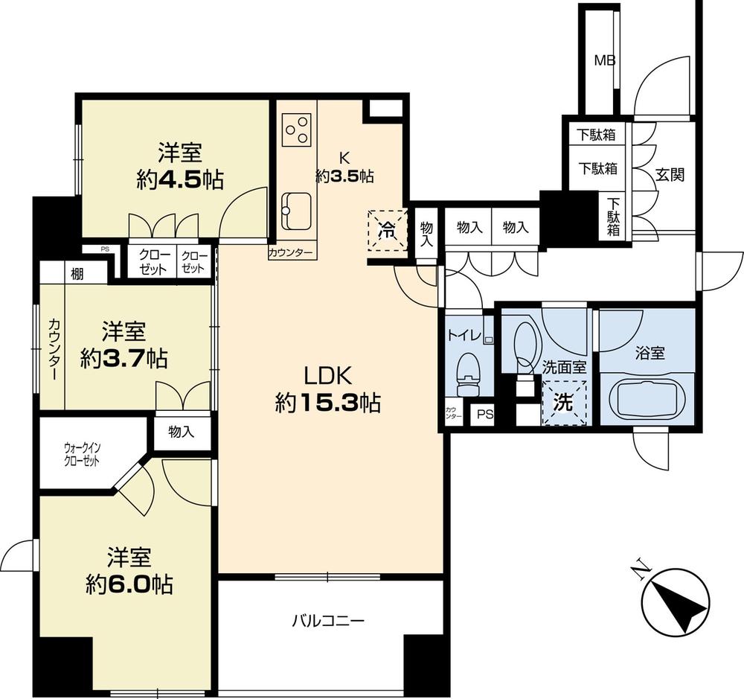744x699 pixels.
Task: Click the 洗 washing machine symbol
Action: point(564,403)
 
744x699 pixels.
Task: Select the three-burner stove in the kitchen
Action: point(297,130)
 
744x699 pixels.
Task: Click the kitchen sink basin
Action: point(297,205)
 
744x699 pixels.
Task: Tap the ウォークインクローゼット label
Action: point(87,453)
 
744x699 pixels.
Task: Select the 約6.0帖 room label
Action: point(129,584)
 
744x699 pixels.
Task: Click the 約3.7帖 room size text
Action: point(124,359)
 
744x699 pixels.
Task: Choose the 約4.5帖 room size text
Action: point(181,179)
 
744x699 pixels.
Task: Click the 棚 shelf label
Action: point(77,273)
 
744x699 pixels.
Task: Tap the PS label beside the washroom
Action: point(485,415)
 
